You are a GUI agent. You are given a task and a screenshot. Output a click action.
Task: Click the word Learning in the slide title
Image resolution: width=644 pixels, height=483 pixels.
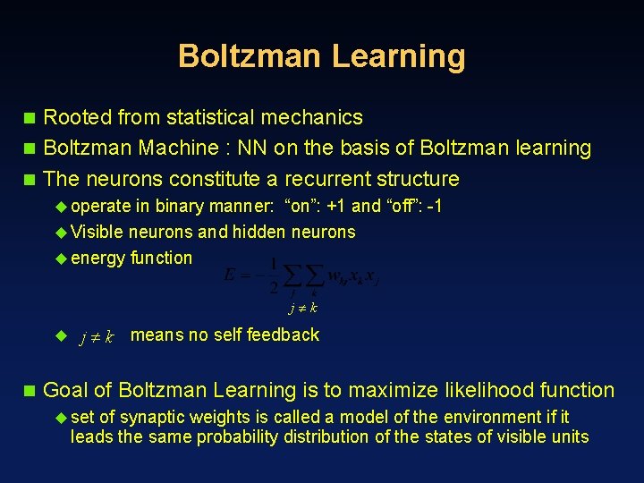pyautogui.click(x=398, y=55)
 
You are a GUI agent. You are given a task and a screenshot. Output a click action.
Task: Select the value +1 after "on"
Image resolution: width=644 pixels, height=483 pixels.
pyautogui.click(x=336, y=206)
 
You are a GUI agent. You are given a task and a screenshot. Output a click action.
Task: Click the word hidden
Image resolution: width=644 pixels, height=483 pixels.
pyautogui.click(x=259, y=232)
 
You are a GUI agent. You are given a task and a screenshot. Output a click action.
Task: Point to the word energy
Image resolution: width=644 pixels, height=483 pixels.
pyautogui.click(x=97, y=258)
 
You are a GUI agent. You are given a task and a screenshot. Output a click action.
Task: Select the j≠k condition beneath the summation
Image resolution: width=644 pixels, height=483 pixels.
pyautogui.click(x=302, y=309)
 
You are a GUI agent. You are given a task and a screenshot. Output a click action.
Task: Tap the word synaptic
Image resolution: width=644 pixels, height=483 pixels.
pyautogui.click(x=155, y=417)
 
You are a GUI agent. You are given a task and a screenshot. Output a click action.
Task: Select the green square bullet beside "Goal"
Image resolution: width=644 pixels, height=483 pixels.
pyautogui.click(x=30, y=390)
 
